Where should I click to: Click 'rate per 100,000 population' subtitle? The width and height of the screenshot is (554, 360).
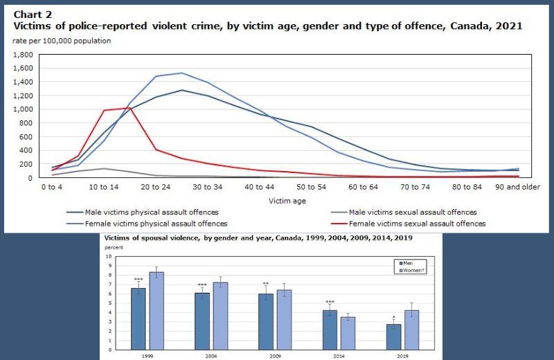point(62,41)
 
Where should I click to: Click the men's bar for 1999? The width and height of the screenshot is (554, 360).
point(138,318)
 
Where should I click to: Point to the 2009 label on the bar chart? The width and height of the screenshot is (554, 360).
point(274,354)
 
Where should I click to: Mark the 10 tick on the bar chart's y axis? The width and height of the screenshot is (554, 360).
point(108,256)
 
